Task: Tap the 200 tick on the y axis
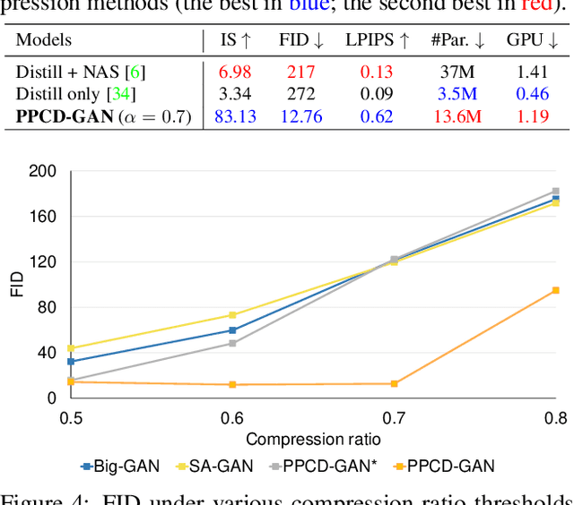click(43, 171)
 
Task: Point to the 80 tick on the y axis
click(47, 307)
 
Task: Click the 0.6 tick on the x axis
click(232, 418)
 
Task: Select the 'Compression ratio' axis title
click(314, 439)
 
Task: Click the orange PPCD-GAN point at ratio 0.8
click(555, 290)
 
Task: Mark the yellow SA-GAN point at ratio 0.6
click(232, 315)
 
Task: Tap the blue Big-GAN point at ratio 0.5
click(71, 362)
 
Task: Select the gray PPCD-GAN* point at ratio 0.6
click(232, 343)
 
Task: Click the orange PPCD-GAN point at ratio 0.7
click(394, 383)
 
